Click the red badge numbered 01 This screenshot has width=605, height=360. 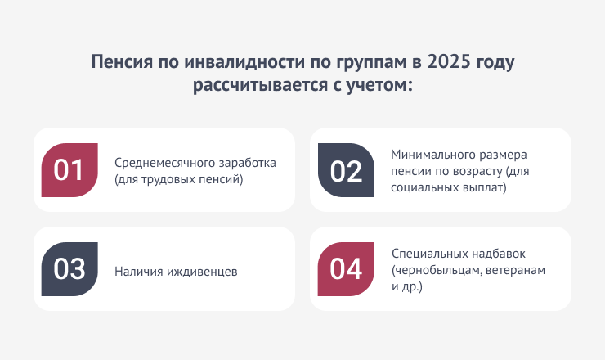coord(69,170)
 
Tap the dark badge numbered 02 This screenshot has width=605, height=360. coord(346,170)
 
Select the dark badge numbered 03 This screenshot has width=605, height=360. coord(69,269)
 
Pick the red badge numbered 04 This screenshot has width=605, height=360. coord(346,269)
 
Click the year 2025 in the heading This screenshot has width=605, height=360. coord(449,62)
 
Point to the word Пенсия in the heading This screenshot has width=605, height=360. coord(122,62)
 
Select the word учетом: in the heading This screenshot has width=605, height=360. coord(379,85)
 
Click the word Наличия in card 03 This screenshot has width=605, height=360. coord(138,272)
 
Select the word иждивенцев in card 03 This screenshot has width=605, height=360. coord(202,272)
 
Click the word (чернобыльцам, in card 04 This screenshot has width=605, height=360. coord(437,270)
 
